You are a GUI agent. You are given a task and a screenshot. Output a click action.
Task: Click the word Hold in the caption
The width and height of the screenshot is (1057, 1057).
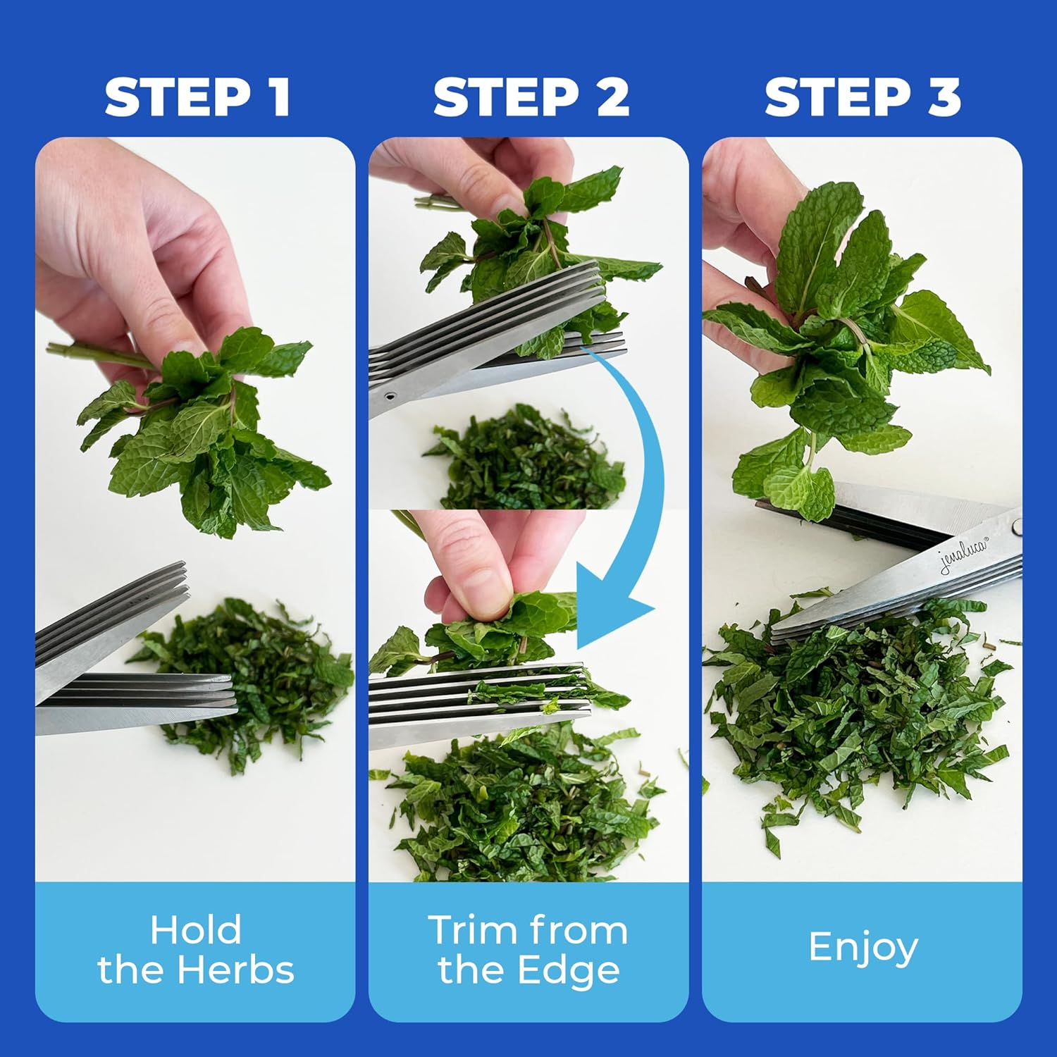pyautogui.click(x=196, y=930)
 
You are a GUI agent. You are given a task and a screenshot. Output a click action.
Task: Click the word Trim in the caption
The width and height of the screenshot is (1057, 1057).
pyautogui.click(x=469, y=930)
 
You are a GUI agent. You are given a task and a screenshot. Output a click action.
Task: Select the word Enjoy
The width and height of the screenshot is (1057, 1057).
pyautogui.click(x=863, y=948)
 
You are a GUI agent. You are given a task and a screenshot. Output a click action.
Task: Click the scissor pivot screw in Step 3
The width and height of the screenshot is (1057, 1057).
pyautogui.click(x=1015, y=525)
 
